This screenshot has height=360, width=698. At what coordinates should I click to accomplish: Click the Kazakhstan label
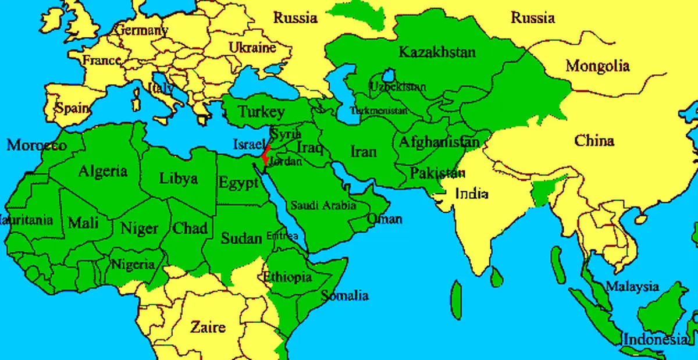pyautogui.click(x=437, y=52)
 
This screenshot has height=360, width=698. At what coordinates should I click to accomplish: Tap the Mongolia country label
pyautogui.click(x=597, y=66)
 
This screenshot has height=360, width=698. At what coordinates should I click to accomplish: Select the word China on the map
pyautogui.click(x=594, y=141)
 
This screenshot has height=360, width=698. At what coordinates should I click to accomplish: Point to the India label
pyautogui.click(x=472, y=194)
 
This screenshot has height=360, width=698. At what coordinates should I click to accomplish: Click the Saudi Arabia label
pyautogui.click(x=323, y=205)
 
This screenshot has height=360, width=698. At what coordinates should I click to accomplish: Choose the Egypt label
pyautogui.click(x=238, y=183)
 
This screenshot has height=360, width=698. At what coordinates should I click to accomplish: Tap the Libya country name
pyautogui.click(x=178, y=179)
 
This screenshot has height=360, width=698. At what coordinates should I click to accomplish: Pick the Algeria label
pyautogui.click(x=102, y=172)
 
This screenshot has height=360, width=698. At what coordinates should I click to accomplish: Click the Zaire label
pyautogui.click(x=208, y=326)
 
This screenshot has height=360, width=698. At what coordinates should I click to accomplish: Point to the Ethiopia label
pyautogui.click(x=287, y=277)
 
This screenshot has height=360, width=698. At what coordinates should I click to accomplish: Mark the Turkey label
pyautogui.click(x=261, y=112)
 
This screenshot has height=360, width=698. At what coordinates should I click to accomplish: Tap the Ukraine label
pyautogui.click(x=252, y=47)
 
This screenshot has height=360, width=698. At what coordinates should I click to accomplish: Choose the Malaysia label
pyautogui.click(x=632, y=287)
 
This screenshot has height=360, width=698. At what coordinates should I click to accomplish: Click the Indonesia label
pyautogui.click(x=654, y=339)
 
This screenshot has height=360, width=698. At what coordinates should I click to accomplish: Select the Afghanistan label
pyautogui.click(x=439, y=141)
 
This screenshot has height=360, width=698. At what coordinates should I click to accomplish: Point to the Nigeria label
pyautogui.click(x=133, y=265)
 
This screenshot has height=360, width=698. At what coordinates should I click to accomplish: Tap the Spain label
pyautogui.click(x=73, y=108)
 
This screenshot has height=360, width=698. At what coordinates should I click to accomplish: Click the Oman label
pyautogui.click(x=384, y=219)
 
